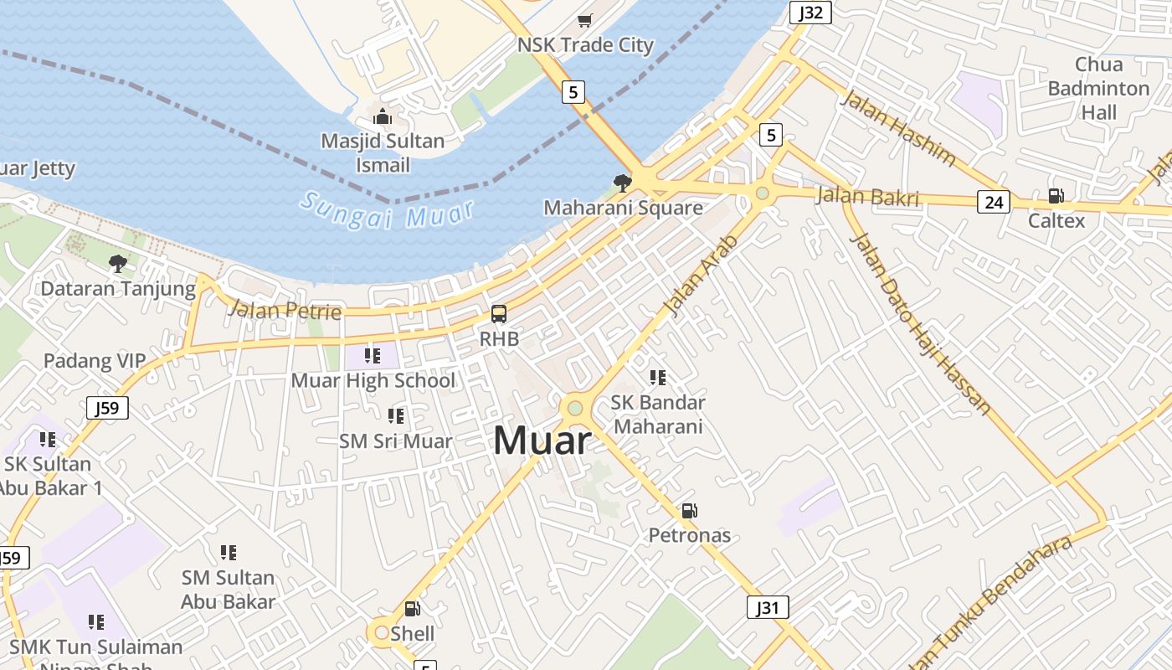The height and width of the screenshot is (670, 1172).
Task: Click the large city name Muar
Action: pos(542,441)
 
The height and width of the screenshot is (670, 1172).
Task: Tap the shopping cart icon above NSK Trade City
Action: pos(584,20)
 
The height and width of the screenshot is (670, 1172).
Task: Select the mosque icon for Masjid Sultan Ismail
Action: pos(383,116)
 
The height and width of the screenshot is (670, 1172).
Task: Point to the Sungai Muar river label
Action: pos(387,211)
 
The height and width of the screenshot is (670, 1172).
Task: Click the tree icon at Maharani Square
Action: pos(622,183)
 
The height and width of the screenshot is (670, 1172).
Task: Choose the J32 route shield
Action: pos(810,12)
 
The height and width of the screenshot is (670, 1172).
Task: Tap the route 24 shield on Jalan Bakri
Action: pos(993,202)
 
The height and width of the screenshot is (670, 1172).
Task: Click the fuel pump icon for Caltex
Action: pos(1056,196)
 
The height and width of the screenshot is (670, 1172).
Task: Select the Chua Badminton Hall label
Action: pos(1098,88)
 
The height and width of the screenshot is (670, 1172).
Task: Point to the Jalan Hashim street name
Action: pos(897,127)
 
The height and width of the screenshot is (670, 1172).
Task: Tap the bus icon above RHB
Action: pos(499,315)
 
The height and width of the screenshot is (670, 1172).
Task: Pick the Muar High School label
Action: pos(373,380)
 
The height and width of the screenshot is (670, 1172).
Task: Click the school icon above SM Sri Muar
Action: pos(395,415)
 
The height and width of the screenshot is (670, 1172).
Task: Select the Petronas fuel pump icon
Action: pos(689,511)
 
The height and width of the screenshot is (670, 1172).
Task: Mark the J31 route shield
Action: pos(768,607)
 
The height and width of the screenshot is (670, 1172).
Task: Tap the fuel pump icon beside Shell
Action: pos(412,609)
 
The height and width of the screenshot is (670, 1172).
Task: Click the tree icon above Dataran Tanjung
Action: pos(118,264)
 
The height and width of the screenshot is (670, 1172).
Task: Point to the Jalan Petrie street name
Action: pos(285,311)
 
